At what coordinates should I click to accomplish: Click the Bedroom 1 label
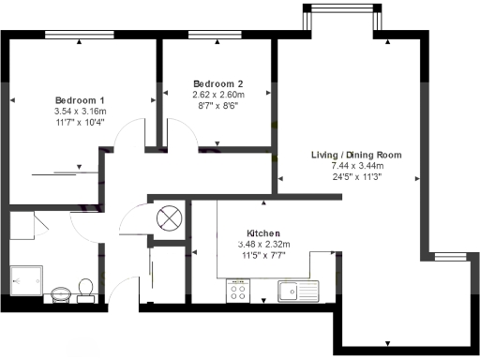tap(79, 100)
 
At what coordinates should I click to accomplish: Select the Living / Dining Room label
tap(357, 155)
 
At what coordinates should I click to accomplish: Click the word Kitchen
tap(263, 233)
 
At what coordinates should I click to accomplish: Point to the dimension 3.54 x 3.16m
tap(79, 111)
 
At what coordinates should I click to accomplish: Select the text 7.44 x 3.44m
tap(357, 165)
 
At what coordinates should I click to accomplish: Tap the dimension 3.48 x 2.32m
tap(263, 244)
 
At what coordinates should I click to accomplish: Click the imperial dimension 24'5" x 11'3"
tap(357, 176)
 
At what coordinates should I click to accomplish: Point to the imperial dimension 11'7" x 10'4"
tap(79, 122)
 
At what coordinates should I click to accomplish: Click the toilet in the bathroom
tap(86, 286)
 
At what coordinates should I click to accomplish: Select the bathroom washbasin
tap(61, 292)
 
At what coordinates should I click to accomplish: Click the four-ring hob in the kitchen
tap(237, 292)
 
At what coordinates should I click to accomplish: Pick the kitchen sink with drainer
tap(300, 292)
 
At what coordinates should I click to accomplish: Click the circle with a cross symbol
tap(170, 217)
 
